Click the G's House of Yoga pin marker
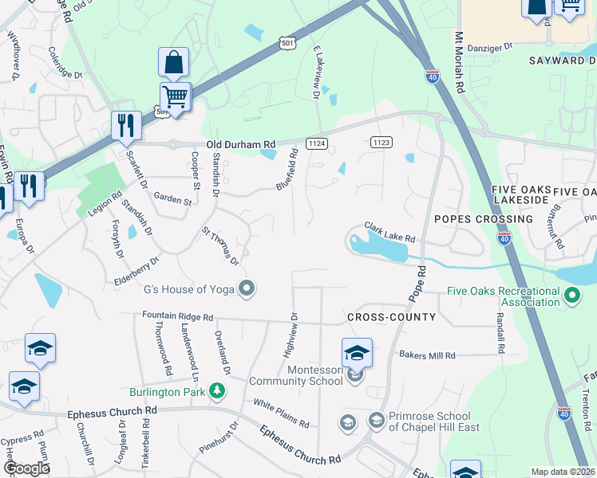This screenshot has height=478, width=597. click(x=247, y=288)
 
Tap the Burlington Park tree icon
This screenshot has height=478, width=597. click(x=216, y=391)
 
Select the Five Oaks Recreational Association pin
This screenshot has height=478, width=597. click(x=571, y=296)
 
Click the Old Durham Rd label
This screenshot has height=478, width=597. click(x=240, y=144)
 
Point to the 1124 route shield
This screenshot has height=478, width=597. click(x=317, y=143)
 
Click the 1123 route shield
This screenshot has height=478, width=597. click(x=381, y=143)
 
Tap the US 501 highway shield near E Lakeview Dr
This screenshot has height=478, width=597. click(x=287, y=43)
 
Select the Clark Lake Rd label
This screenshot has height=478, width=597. click(x=390, y=233)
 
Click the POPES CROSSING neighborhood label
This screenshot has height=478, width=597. click(x=483, y=218)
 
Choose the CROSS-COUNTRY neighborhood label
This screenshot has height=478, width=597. click(x=392, y=317)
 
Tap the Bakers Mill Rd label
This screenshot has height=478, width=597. click(x=427, y=355)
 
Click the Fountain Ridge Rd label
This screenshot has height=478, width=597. click(x=177, y=316)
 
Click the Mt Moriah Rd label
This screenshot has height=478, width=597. click(x=459, y=64)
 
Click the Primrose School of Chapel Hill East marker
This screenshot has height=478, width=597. click(x=376, y=419)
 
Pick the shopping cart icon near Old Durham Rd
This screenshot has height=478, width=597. click(x=176, y=97)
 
